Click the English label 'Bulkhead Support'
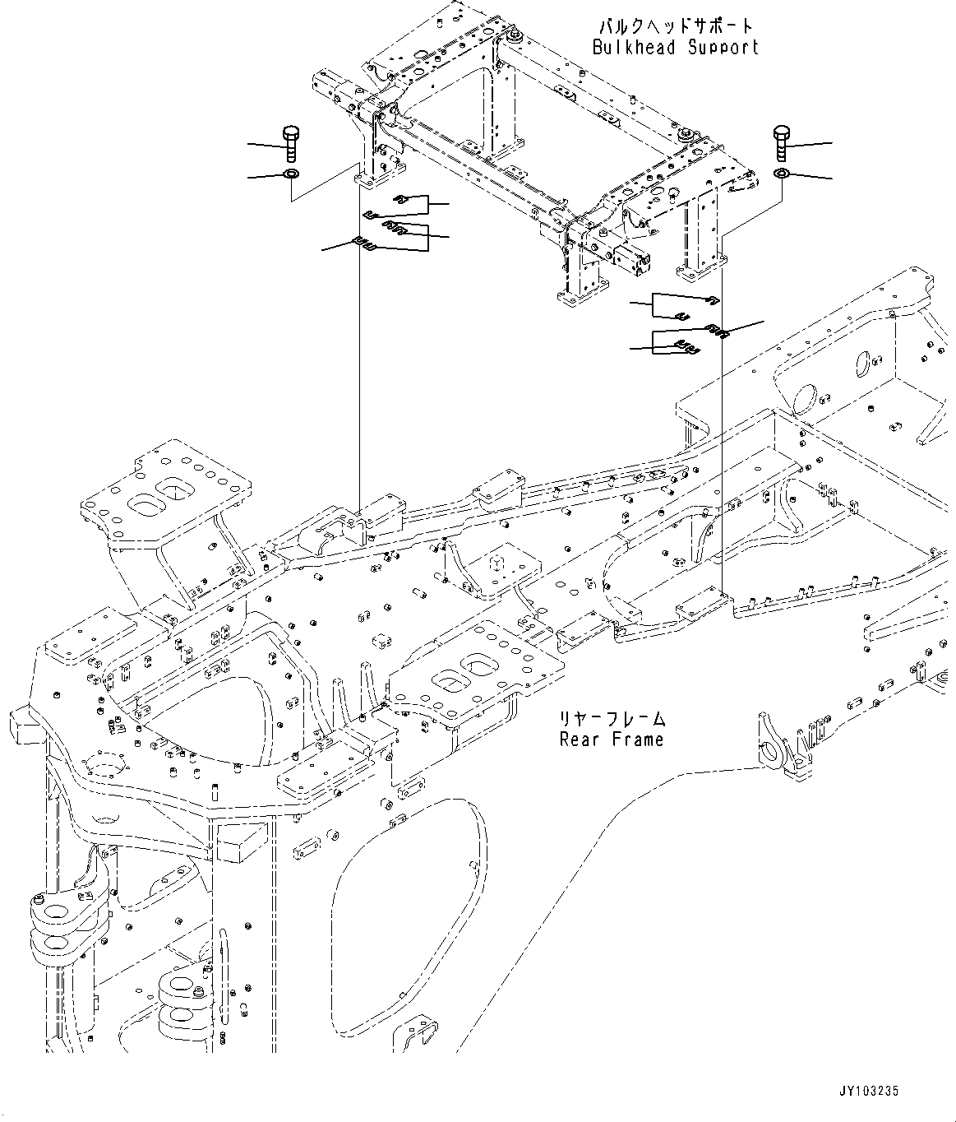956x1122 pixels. [x=675, y=47]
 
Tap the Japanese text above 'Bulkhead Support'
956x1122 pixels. [x=676, y=25]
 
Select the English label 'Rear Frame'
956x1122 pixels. [x=611, y=739]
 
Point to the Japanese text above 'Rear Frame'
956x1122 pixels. [x=611, y=718]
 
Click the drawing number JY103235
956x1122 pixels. [x=869, y=1091]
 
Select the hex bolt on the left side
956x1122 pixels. [x=290, y=144]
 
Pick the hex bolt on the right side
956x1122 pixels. [x=781, y=144]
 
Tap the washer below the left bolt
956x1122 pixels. [x=290, y=174]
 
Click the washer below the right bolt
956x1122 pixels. [x=781, y=174]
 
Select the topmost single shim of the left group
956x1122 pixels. [x=401, y=199]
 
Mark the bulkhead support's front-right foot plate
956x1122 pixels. [x=700, y=267]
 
